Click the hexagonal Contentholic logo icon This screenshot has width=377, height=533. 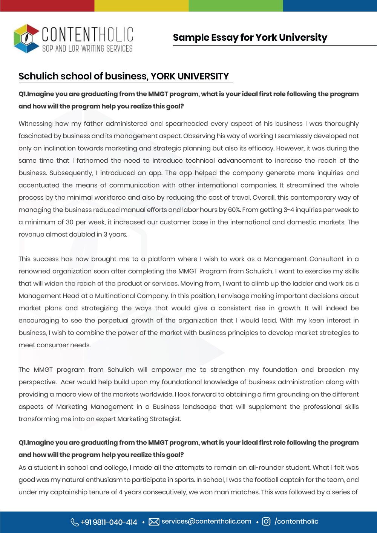26,38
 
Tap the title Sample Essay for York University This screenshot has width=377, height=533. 250,38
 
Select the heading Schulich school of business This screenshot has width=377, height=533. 124,76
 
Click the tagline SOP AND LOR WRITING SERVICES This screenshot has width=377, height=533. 87,48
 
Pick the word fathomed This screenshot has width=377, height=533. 92,160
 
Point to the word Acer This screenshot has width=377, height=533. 68,382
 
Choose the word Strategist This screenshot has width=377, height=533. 164,419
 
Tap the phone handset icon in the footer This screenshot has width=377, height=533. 74,522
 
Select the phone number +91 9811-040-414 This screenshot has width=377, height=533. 109,522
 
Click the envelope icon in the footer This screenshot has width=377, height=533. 154,522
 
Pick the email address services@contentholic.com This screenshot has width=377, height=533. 206,521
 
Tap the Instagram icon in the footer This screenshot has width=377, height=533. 266,522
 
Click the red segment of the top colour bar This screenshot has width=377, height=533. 47,6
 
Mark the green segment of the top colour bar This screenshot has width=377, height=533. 236,6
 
